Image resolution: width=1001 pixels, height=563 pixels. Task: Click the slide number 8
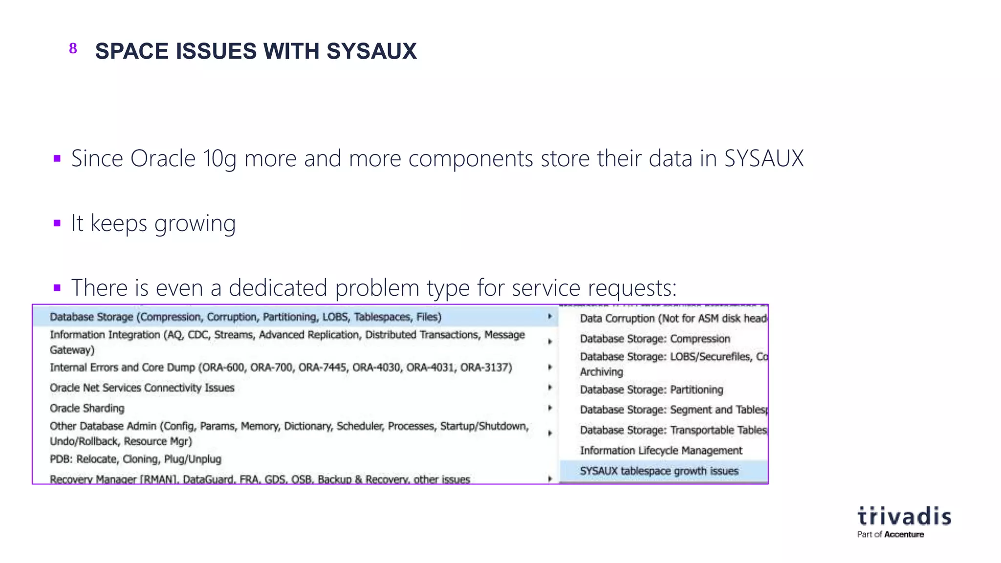[x=73, y=48]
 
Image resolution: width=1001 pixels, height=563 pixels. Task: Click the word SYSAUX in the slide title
[x=371, y=51]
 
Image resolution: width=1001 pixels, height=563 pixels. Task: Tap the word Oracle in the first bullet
[x=163, y=158]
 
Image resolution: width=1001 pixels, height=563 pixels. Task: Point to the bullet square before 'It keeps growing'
[x=57, y=223]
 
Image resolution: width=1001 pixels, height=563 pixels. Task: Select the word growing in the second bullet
[x=195, y=224]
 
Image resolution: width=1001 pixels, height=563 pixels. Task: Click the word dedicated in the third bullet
[x=278, y=287]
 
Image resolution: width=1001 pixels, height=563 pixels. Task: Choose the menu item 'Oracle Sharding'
[x=87, y=408]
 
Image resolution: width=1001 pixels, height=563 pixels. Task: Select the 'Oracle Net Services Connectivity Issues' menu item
[x=142, y=388]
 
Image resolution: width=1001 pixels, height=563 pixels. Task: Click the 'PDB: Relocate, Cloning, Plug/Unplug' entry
[x=135, y=459]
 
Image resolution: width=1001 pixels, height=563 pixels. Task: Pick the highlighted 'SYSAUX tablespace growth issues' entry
[x=659, y=471]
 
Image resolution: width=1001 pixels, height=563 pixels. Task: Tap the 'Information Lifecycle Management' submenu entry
[x=661, y=450]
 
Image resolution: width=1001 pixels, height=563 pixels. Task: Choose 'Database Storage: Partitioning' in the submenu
[x=652, y=390]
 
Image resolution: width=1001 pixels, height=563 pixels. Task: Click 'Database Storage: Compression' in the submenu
[x=655, y=339]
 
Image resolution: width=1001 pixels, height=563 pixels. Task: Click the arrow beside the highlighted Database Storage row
[x=550, y=317]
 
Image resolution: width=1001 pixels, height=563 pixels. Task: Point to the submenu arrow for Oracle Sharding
[x=550, y=408]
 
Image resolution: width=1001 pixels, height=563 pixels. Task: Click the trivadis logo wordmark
[x=904, y=517]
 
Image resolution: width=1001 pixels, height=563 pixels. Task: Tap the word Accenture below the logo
[x=904, y=535]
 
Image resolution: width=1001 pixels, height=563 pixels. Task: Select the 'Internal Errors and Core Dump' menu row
[x=281, y=368]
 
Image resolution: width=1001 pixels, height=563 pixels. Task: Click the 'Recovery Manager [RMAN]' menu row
[x=260, y=479]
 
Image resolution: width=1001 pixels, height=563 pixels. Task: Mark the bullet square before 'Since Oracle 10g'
[x=57, y=158]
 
